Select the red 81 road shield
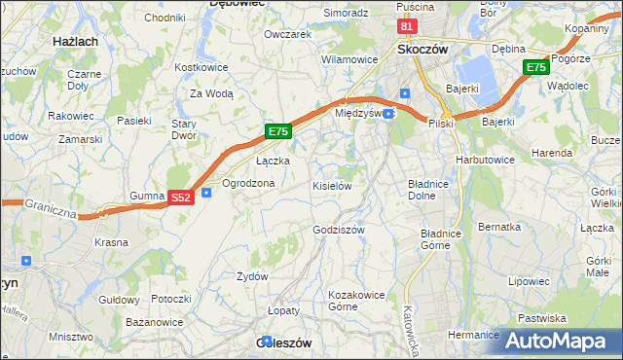pyautogui.click(x=409, y=26)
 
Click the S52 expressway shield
pyautogui.click(x=180, y=197)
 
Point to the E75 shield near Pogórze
pyautogui.click(x=535, y=67)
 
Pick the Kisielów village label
pyautogui.click(x=331, y=185)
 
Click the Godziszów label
pyautogui.click(x=339, y=230)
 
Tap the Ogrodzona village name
pyautogui.click(x=248, y=183)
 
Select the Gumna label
pyautogui.click(x=147, y=196)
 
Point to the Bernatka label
pyautogui.click(x=499, y=227)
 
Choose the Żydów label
pyautogui.click(x=252, y=276)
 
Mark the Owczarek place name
pyautogui.click(x=287, y=34)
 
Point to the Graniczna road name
pyautogui.click(x=51, y=207)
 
